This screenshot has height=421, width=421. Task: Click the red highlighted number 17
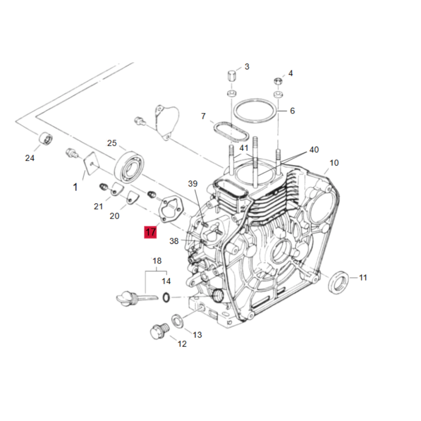(150, 232)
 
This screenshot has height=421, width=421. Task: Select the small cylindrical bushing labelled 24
(46, 139)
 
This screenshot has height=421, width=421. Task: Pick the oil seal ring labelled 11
(339, 282)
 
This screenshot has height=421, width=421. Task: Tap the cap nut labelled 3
(231, 76)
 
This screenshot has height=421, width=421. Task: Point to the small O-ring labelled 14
(166, 297)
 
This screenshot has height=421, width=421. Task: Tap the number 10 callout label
(334, 163)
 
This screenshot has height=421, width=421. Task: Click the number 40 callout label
(314, 150)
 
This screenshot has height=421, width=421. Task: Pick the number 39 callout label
(193, 184)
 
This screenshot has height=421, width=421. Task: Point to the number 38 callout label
(174, 241)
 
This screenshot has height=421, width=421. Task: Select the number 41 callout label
(244, 148)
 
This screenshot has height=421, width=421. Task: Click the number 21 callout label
(98, 206)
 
